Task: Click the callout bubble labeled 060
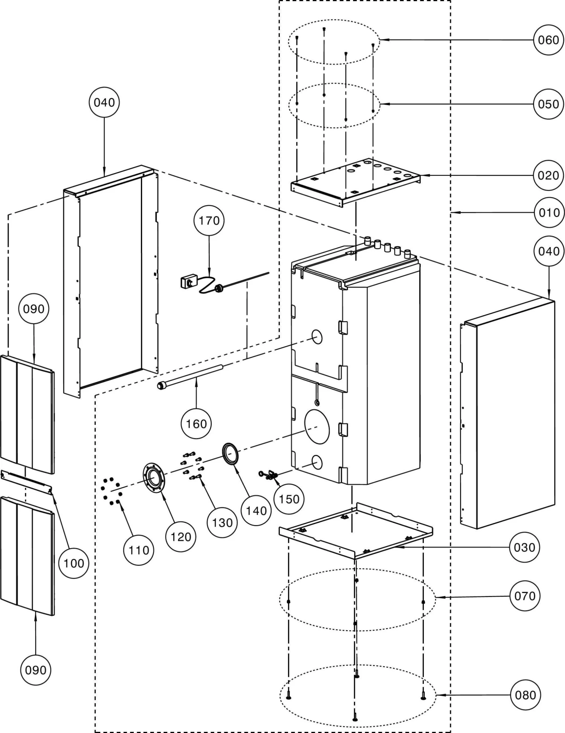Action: (x=548, y=40)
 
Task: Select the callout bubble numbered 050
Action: (x=548, y=104)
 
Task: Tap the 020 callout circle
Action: (x=548, y=176)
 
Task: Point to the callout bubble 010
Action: (x=549, y=213)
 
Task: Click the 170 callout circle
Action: (x=209, y=220)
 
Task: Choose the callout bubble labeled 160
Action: (x=196, y=424)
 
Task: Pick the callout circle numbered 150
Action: (x=289, y=499)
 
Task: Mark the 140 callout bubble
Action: (x=256, y=511)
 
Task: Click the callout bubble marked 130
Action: (x=222, y=522)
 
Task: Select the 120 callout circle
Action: (x=181, y=537)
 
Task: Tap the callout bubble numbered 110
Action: (x=139, y=550)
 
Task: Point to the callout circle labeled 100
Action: (x=74, y=563)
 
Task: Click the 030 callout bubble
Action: (x=524, y=547)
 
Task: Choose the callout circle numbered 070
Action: (x=525, y=596)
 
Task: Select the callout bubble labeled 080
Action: (x=525, y=695)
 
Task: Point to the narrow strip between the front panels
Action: (x=26, y=481)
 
